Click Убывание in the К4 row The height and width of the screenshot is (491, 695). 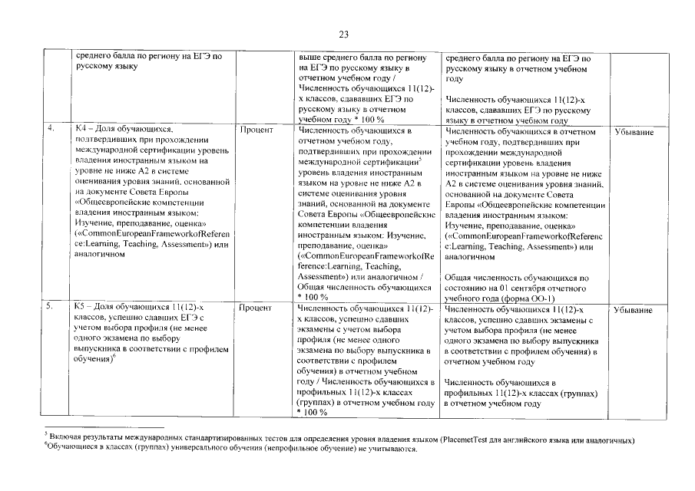pos(634,132)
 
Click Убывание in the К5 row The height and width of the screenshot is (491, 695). pos(634,310)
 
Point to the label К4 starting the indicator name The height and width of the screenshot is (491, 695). pos(82,130)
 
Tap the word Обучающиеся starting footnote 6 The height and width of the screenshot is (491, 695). pos(71,450)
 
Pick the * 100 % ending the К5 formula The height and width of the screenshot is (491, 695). pos(312,412)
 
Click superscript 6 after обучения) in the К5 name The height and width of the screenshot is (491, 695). pos(114,356)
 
